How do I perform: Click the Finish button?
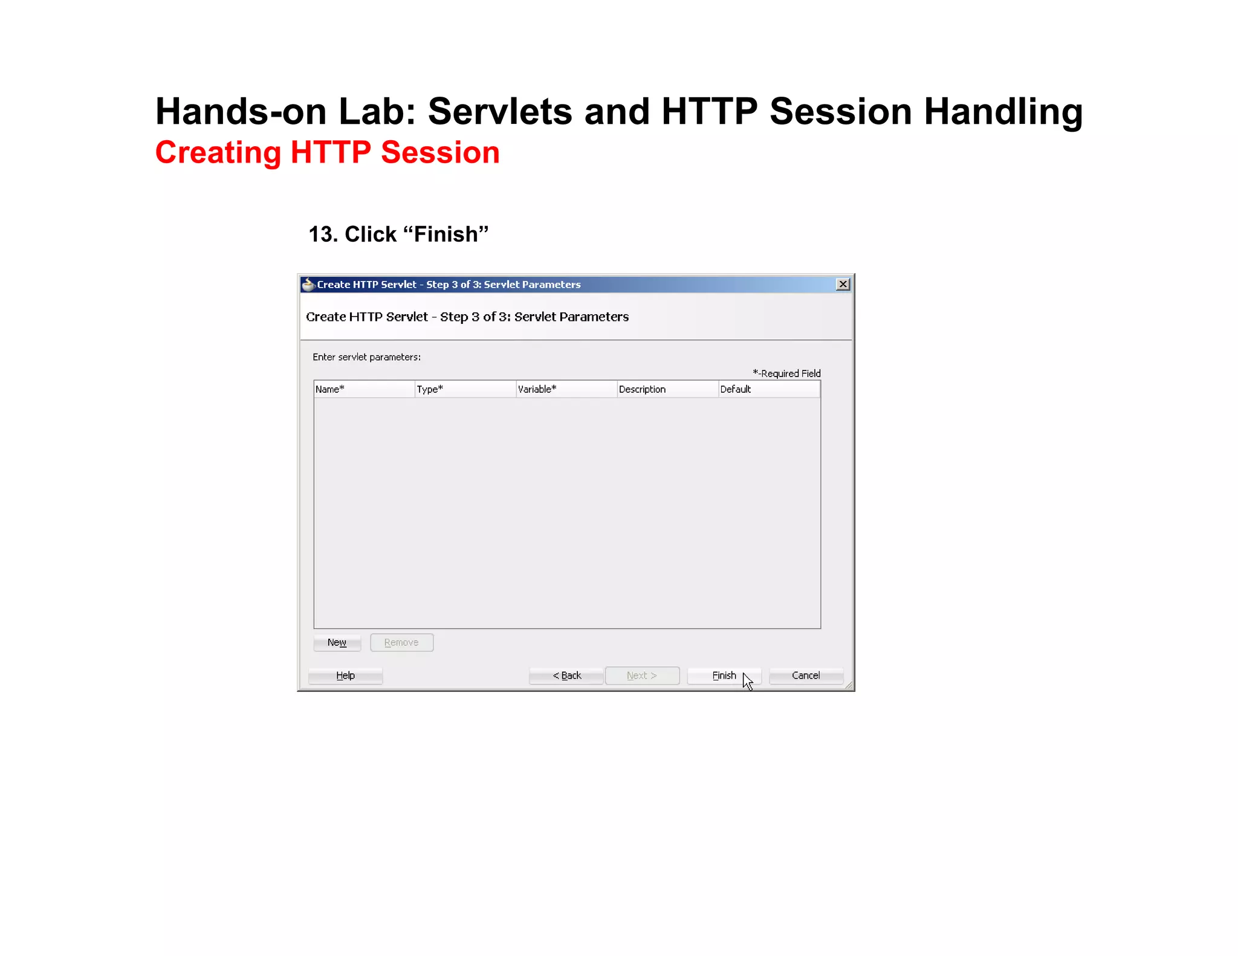(724, 676)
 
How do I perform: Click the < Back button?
(566, 676)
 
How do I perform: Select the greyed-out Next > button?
(642, 676)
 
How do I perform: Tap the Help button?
(345, 676)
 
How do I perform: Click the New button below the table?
(337, 642)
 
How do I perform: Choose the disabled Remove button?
(401, 642)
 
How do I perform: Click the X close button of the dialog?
(843, 284)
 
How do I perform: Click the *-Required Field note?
(786, 373)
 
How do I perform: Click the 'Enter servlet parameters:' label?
(366, 357)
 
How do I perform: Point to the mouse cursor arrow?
(748, 681)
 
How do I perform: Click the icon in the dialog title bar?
(308, 285)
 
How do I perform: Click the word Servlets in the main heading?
(500, 112)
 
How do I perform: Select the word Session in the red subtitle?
(440, 152)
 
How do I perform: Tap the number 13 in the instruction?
(323, 234)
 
